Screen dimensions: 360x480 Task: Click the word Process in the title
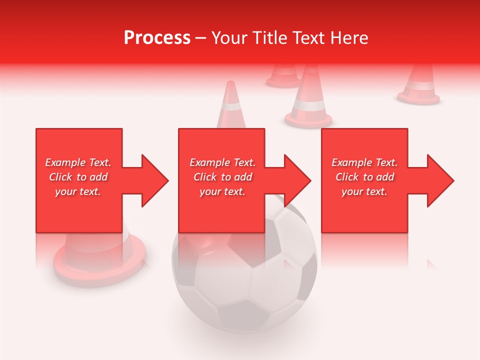(x=157, y=37)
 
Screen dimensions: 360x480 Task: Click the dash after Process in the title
(x=200, y=38)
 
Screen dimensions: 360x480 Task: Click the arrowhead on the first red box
(x=153, y=180)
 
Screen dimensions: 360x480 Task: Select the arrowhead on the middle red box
(x=296, y=180)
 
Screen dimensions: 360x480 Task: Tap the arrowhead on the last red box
(x=439, y=180)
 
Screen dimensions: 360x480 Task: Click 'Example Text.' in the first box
(x=78, y=162)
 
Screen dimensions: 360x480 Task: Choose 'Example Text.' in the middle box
(x=222, y=162)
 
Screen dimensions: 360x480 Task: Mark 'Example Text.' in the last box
(x=364, y=162)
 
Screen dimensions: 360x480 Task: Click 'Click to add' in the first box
(x=78, y=177)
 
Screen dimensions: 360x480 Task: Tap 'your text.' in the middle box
(x=222, y=191)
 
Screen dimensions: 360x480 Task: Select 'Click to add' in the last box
(x=364, y=177)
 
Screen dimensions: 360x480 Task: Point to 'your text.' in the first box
(x=78, y=191)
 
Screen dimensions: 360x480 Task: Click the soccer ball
(x=245, y=280)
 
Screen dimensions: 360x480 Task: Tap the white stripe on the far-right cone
(x=419, y=86)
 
